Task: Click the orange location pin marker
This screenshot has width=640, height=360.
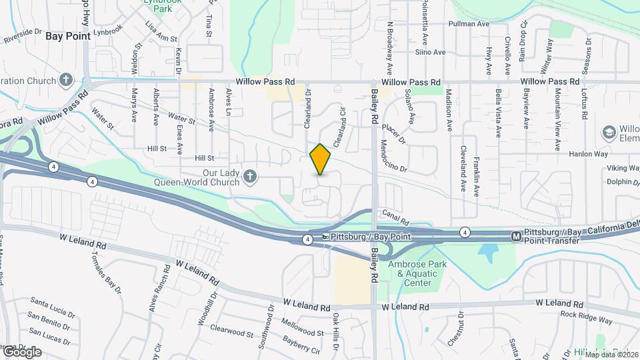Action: pyautogui.click(x=320, y=159)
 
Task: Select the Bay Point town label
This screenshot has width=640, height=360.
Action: pyautogui.click(x=68, y=36)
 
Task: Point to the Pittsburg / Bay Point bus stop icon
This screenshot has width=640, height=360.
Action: pyautogui.click(x=325, y=237)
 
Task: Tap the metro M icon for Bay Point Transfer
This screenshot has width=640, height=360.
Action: pyautogui.click(x=516, y=236)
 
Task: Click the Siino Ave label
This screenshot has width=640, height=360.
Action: pyautogui.click(x=430, y=52)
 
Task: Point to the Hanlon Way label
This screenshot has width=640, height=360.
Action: pyautogui.click(x=589, y=154)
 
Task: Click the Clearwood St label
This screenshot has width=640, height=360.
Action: pyautogui.click(x=231, y=329)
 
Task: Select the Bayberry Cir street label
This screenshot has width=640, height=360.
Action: pyautogui.click(x=301, y=344)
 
